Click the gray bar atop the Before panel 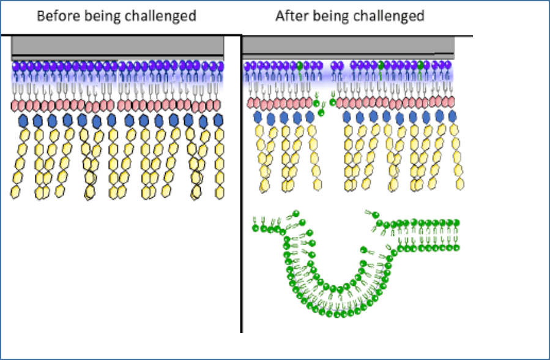click(x=117, y=46)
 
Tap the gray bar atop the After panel click(x=348, y=47)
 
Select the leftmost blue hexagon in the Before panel click(x=23, y=121)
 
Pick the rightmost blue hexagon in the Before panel click(x=218, y=121)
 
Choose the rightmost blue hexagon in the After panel click(x=453, y=116)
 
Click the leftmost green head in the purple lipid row click(x=300, y=66)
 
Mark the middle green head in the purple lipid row click(x=381, y=66)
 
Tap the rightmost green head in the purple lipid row click(x=420, y=66)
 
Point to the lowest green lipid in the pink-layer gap click(x=321, y=113)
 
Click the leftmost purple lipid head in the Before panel click(x=16, y=66)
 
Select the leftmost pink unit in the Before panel click(x=15, y=106)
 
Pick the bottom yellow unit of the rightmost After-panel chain click(x=460, y=184)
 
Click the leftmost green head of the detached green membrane click(x=255, y=228)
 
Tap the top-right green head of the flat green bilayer click(x=456, y=222)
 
